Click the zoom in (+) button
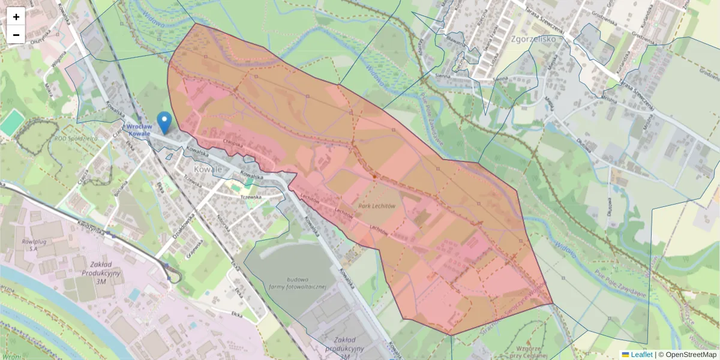16,17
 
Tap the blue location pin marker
163,122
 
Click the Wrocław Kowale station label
138,130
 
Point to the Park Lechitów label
377,206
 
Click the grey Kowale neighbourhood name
207,170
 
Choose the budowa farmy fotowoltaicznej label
298,283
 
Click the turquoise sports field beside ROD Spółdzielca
10,123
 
